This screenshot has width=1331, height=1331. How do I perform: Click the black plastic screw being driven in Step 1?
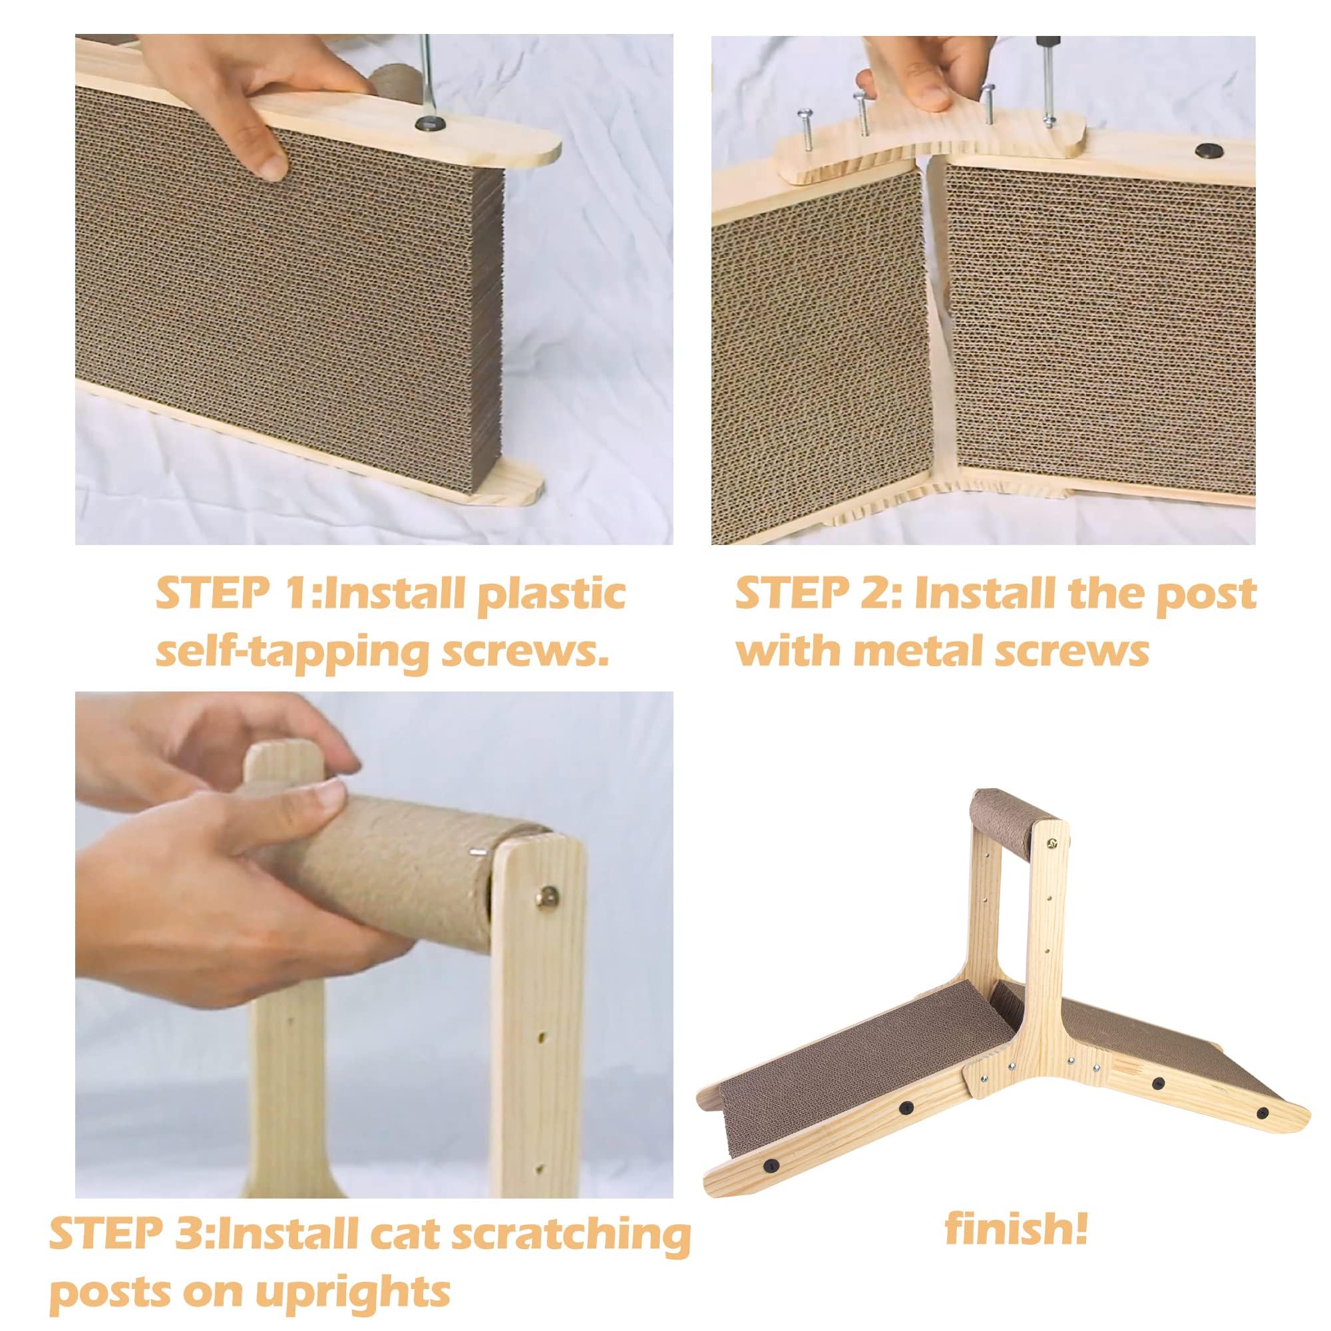[x=429, y=124]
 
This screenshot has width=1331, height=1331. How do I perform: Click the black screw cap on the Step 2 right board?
[x=1206, y=150]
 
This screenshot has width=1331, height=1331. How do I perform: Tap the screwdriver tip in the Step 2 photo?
[x=1049, y=122]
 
